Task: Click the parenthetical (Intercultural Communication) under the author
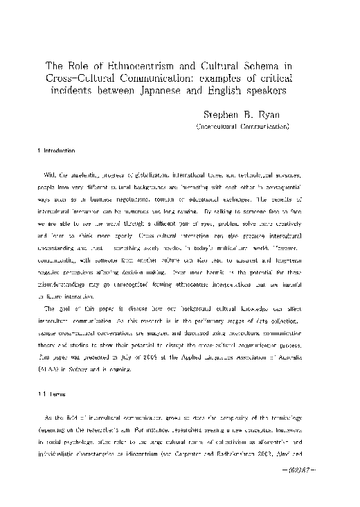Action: point(242,127)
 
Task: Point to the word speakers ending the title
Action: point(264,90)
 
